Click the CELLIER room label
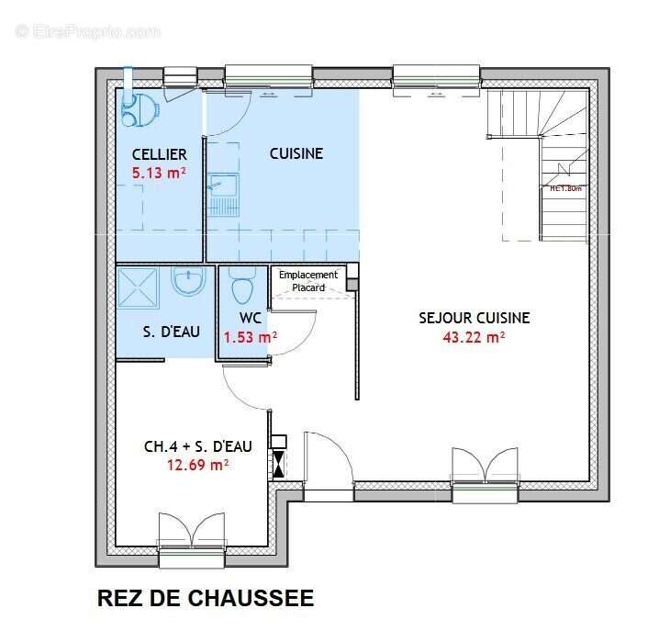pos(159,154)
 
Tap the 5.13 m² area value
pos(159,172)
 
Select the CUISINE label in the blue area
pos(296,154)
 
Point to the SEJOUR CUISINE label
pos(474,318)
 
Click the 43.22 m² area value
pos(474,337)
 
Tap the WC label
pos(251,319)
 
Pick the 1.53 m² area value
pos(250,337)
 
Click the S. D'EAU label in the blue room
pos(171,331)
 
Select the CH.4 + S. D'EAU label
pos(197,447)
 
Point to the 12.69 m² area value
pos(197,465)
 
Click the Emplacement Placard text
pos(308,281)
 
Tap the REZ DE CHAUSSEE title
pos(205,599)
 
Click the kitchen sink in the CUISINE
pos(222,194)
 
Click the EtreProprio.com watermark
pos(88,31)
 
